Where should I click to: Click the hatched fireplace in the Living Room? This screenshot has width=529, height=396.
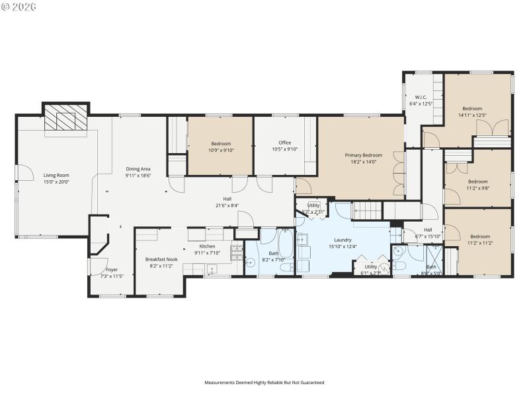(x=65, y=119)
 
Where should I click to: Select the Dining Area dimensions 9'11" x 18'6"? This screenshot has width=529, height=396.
(x=138, y=176)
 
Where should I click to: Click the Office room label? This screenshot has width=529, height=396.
(x=284, y=143)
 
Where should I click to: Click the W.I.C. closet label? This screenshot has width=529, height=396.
(x=421, y=98)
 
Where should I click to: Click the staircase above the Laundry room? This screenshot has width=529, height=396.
(x=368, y=211)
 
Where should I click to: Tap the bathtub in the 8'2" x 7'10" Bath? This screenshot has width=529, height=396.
(x=286, y=245)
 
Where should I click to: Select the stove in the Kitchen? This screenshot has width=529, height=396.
(x=236, y=251)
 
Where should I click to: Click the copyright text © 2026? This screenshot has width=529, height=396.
(x=19, y=7)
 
